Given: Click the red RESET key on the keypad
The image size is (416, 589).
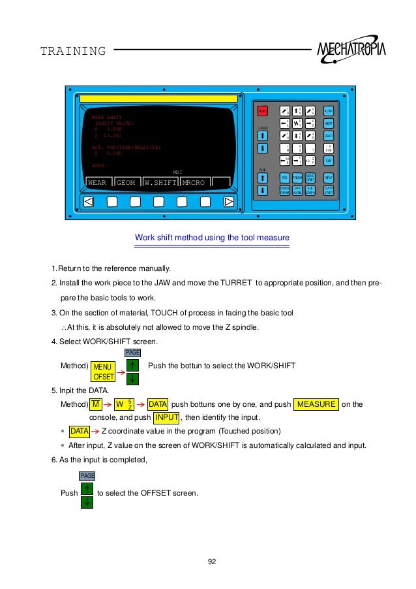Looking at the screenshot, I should [x=262, y=112].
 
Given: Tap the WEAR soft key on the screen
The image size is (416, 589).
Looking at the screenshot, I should [x=98, y=183].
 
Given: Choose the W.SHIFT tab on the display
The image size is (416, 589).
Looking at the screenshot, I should [x=161, y=183].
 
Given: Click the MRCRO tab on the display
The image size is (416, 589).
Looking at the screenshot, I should [x=194, y=183].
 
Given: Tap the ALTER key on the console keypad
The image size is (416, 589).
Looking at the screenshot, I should [x=329, y=112].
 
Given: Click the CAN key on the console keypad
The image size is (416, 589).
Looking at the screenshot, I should [x=329, y=160].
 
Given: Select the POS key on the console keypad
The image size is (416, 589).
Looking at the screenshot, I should [x=284, y=178].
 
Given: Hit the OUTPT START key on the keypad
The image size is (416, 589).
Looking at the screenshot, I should [x=329, y=190].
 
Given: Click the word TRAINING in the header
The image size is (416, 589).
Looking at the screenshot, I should [x=73, y=52].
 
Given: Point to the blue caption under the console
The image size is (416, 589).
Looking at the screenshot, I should [x=211, y=237].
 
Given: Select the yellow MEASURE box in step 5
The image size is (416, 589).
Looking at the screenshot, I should [x=317, y=405].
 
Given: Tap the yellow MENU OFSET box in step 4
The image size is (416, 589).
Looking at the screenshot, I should [x=103, y=372].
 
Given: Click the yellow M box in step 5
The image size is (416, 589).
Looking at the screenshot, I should [x=96, y=405].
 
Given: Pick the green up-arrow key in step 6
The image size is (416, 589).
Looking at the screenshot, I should [x=87, y=488].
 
